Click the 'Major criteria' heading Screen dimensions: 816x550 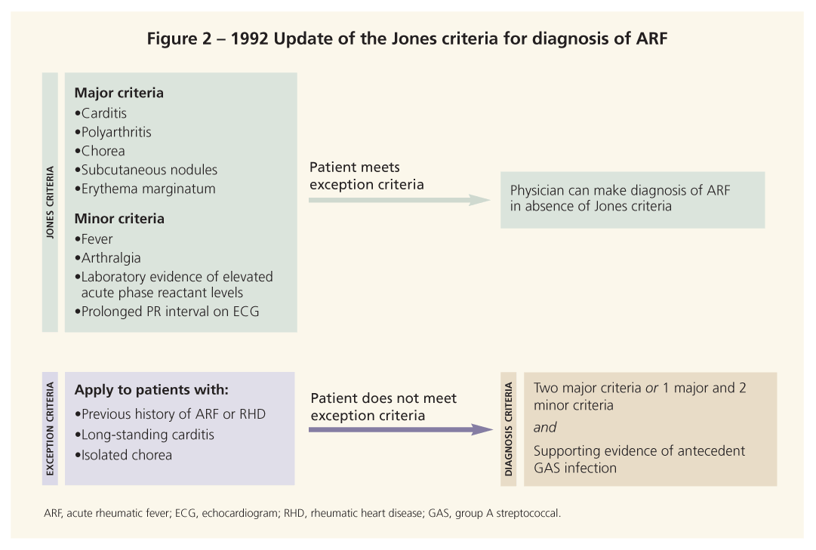[119, 94]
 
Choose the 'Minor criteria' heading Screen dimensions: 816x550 [119, 219]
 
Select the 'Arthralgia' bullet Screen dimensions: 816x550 [111, 258]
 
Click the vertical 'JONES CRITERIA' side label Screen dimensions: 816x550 [51, 202]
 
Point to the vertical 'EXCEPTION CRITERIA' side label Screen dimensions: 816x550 [51, 429]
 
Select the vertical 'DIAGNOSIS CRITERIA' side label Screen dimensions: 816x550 [508, 429]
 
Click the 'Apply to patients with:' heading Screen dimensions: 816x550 [151, 391]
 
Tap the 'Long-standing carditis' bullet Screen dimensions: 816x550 [147, 435]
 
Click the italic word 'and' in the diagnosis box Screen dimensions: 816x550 [545, 427]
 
